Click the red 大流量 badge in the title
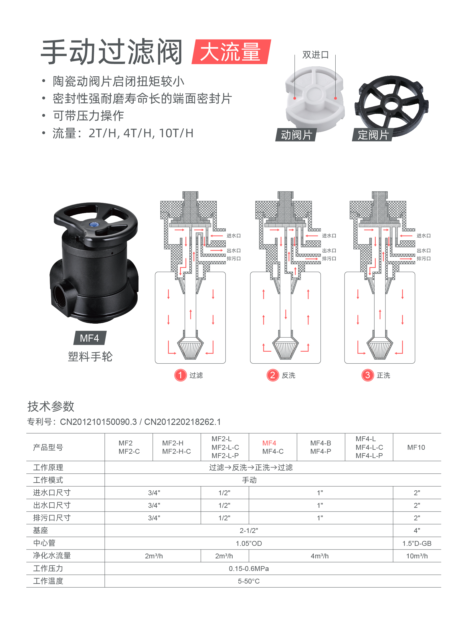pos(231,52)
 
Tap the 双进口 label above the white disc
pos(315,55)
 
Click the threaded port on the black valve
pos(62,297)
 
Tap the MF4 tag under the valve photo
pos(90,338)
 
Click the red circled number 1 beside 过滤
pos(180,375)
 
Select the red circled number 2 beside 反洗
pos(273,375)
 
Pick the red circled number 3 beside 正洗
pos(367,375)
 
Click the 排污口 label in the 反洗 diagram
pos(329,259)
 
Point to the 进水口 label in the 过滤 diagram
pos(233,236)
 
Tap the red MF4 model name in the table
pos(269,443)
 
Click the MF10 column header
pos(416,447)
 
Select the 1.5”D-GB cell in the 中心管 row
pos(417,544)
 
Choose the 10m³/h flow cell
pos(417,556)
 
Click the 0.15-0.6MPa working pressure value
pos(249,569)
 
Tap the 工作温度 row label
pos(48,581)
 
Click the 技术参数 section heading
pos(51,407)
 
